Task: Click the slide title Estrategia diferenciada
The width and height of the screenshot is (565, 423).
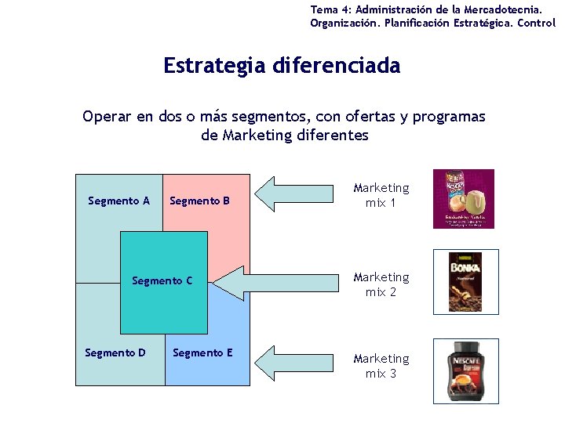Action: pyautogui.click(x=282, y=65)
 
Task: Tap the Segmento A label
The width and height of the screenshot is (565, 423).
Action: pyautogui.click(x=118, y=201)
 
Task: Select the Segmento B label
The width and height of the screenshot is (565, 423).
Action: pyautogui.click(x=199, y=201)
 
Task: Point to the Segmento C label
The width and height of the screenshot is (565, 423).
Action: pyautogui.click(x=162, y=280)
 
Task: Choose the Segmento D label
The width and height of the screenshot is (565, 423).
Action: pyautogui.click(x=115, y=352)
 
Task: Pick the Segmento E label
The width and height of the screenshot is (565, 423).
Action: pyautogui.click(x=202, y=352)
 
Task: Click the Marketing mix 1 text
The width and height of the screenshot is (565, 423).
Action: pyautogui.click(x=381, y=195)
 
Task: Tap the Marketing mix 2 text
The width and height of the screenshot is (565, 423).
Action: pyautogui.click(x=381, y=284)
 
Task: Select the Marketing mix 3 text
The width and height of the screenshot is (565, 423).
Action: pyautogui.click(x=381, y=366)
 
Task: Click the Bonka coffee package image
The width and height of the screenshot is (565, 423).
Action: pyautogui.click(x=465, y=281)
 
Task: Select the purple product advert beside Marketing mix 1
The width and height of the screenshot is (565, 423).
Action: pyautogui.click(x=464, y=199)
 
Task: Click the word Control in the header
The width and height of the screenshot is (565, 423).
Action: pyautogui.click(x=537, y=23)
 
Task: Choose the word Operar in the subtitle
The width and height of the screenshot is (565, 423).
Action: pyautogui.click(x=108, y=117)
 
